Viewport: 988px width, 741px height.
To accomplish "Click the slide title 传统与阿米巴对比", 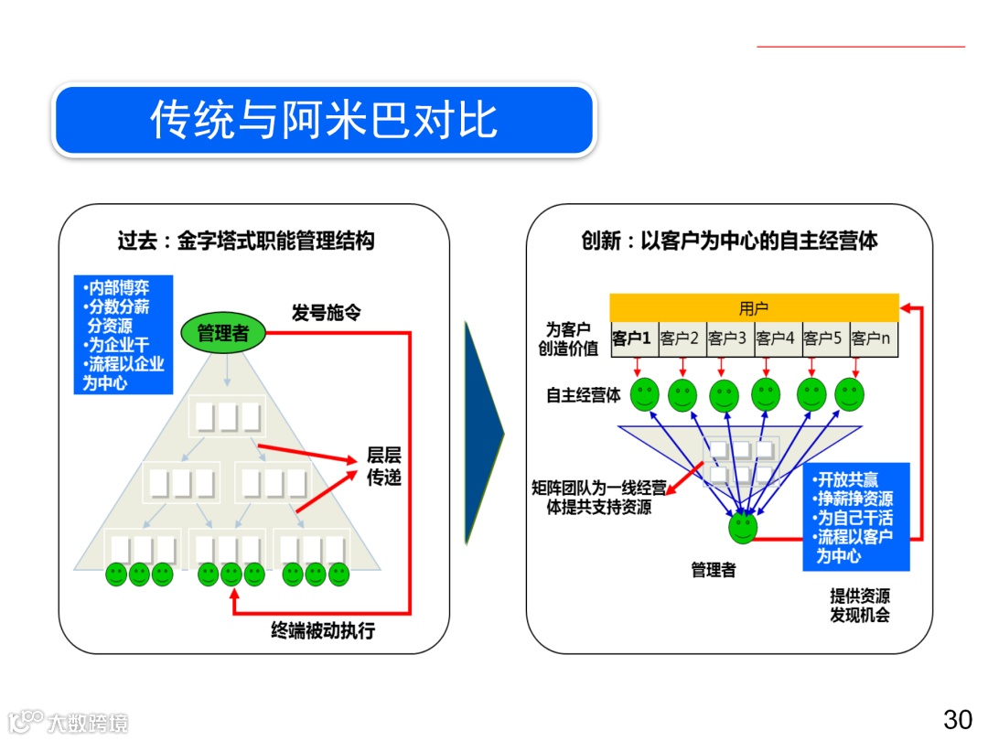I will click(324, 121).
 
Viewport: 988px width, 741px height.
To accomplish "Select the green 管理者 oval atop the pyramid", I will click(222, 333).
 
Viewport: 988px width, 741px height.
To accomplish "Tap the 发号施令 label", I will click(326, 313).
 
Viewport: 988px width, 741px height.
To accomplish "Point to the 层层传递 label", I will click(384, 466).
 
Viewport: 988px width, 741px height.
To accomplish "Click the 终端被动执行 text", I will click(323, 631).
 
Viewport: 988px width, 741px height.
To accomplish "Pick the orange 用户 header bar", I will click(754, 307).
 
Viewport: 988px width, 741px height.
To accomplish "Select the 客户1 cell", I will click(633, 338).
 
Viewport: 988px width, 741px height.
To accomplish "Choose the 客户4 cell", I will click(777, 338).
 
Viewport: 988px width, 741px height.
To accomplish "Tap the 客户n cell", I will click(873, 338).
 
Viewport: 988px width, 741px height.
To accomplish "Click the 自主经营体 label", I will click(583, 395).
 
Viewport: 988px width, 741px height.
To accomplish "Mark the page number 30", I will click(958, 720).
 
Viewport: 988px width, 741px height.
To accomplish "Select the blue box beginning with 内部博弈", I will click(123, 335).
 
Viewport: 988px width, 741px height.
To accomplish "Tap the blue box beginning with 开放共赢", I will click(856, 517).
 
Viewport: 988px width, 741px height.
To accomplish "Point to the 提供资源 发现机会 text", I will click(860, 605).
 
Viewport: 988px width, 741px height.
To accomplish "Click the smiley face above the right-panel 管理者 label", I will click(743, 528).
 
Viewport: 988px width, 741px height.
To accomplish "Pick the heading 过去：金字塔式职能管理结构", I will click(246, 242).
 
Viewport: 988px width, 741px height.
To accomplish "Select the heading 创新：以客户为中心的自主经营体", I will click(729, 242).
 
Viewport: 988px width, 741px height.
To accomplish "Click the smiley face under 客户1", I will click(644, 394).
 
